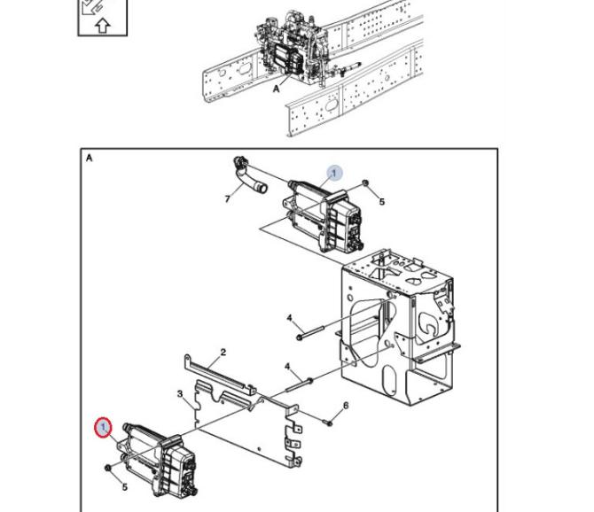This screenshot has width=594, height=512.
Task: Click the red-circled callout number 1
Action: [x=103, y=428]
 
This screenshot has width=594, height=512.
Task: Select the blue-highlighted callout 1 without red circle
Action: [x=334, y=174]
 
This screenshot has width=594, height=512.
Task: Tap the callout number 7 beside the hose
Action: [x=227, y=198]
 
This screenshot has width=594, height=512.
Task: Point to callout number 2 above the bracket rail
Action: [x=223, y=353]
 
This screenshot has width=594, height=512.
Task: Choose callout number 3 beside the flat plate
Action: [x=180, y=394]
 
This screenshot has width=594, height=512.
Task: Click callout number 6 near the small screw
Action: [x=346, y=406]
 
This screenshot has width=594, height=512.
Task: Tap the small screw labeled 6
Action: [x=328, y=422]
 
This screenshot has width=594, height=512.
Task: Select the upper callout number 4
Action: [x=290, y=318]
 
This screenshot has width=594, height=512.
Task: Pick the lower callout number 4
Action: [x=287, y=367]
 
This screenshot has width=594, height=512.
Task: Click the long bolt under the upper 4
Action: [x=310, y=332]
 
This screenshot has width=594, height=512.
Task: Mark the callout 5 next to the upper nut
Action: [x=382, y=202]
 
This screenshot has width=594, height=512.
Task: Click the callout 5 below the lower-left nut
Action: [x=125, y=487]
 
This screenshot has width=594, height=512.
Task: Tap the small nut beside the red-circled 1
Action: [x=108, y=468]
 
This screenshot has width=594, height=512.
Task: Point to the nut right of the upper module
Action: [x=365, y=183]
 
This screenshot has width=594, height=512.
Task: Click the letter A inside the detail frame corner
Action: [x=89, y=158]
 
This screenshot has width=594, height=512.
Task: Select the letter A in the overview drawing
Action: [x=276, y=89]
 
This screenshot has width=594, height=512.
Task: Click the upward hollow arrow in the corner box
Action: [x=103, y=26]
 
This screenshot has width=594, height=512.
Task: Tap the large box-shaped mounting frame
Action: [x=400, y=328]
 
